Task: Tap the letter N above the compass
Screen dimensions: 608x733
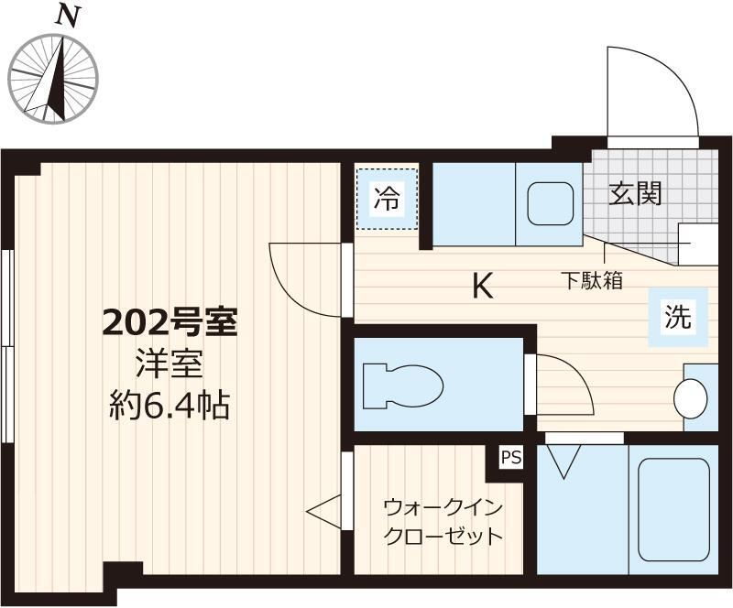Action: tap(65, 16)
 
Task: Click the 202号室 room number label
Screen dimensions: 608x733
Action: tap(170, 322)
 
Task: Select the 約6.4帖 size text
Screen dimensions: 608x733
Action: tap(170, 403)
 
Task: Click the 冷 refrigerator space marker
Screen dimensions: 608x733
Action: tap(387, 199)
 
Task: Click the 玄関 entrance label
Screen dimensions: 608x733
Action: tap(636, 194)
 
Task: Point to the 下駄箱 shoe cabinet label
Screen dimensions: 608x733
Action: tap(592, 280)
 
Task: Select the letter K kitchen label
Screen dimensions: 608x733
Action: tap(482, 288)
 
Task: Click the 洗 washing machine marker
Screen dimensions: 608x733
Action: tap(678, 317)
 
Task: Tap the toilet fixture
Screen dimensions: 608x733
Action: tap(399, 385)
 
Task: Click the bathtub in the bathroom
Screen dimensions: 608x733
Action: tap(673, 509)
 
